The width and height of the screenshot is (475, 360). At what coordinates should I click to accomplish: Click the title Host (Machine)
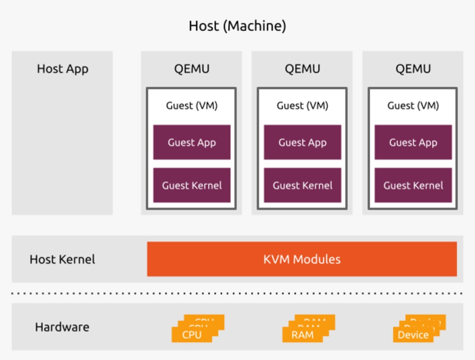coord(237,26)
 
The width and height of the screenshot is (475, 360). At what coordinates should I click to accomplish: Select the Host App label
coord(62,69)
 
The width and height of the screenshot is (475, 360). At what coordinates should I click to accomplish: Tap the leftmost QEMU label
coord(192,69)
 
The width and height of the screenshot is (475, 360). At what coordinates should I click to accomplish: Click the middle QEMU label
coord(302,69)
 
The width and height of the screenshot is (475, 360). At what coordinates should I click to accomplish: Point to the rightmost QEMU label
coord(413,69)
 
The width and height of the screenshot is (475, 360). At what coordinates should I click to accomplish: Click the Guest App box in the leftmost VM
coord(192,142)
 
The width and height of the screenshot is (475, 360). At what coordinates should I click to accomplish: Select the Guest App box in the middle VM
coord(302,142)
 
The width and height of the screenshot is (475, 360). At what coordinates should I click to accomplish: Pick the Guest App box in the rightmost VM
coord(413,142)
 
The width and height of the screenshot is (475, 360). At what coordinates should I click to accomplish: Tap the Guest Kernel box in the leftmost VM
coord(192,185)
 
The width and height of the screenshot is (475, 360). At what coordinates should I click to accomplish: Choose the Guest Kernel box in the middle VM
coord(302,185)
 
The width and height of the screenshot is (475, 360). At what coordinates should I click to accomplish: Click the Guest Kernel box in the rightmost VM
coord(413,185)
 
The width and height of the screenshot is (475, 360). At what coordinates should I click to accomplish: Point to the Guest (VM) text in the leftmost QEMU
coord(192,106)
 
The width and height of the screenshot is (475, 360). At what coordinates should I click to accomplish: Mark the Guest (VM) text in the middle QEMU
coord(302,106)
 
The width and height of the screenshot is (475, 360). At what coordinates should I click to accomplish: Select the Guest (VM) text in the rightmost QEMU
coord(413,106)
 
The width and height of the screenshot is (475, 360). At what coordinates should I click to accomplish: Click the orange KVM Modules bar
coord(302,259)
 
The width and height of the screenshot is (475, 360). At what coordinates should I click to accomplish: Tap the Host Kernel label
coord(62,259)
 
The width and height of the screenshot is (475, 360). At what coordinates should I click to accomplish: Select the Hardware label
coord(62,327)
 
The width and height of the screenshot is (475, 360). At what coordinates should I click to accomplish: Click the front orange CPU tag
coord(192,335)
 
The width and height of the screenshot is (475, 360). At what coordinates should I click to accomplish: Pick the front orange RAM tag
coord(303,335)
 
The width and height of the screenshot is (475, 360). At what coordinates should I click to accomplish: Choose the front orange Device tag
coord(413,335)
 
